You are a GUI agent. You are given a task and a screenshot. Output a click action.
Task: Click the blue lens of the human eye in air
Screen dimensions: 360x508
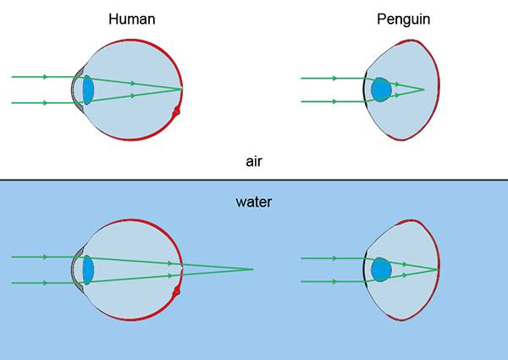(87, 89)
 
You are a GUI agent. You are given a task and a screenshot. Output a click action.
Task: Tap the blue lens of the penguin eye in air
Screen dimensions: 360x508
(381, 89)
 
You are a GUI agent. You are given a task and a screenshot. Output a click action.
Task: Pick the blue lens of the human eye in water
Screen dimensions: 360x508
(87, 269)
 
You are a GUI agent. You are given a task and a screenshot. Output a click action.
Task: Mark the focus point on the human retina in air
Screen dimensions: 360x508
(182, 89)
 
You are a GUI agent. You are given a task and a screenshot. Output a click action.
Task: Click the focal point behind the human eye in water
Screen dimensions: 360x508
(253, 269)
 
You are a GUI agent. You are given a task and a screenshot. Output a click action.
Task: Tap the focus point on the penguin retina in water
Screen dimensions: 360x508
(438, 269)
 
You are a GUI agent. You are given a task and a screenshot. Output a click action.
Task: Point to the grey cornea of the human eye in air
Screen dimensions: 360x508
(75, 89)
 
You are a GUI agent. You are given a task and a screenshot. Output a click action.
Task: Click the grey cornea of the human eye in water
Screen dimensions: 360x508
(75, 269)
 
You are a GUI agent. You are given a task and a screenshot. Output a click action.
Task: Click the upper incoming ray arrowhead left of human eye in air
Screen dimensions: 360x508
(45, 77)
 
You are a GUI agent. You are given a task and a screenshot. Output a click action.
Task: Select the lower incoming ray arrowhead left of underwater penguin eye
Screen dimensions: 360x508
(334, 281)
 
